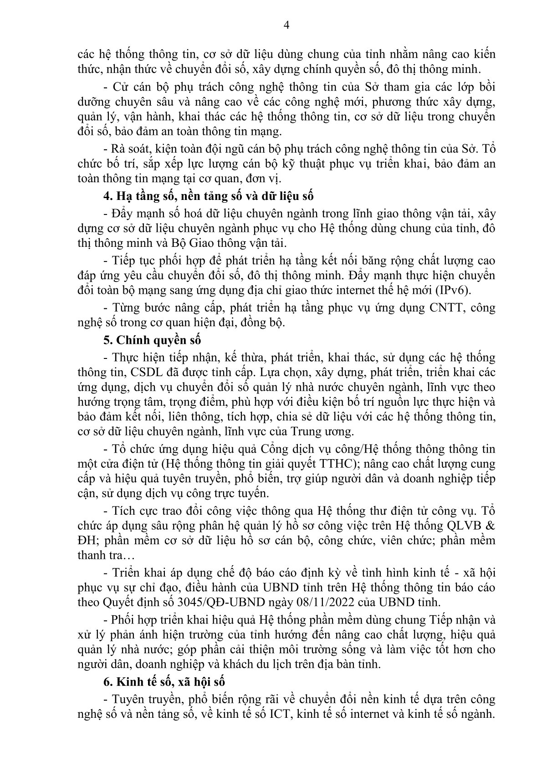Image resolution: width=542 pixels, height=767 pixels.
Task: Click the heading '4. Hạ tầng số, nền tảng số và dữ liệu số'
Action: [x=209, y=197]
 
